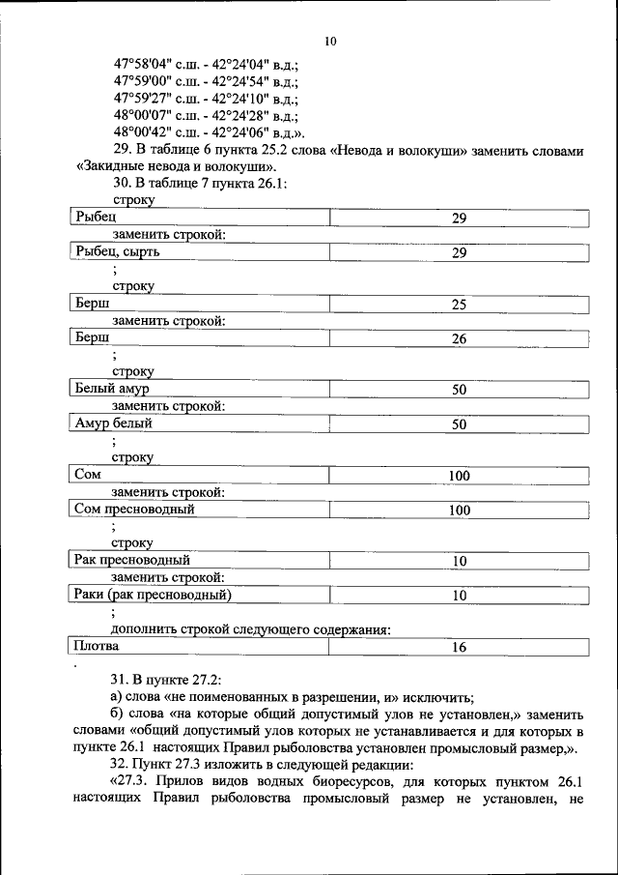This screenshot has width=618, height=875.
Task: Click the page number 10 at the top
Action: (331, 41)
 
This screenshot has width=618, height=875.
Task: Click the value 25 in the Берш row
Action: (459, 305)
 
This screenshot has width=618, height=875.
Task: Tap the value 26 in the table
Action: (459, 339)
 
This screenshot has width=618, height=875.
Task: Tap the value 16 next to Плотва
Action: (459, 647)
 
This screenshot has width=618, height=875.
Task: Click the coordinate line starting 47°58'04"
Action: (205, 65)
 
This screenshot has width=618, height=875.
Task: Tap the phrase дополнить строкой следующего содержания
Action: (250, 629)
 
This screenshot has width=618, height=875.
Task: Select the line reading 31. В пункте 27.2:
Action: (167, 679)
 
